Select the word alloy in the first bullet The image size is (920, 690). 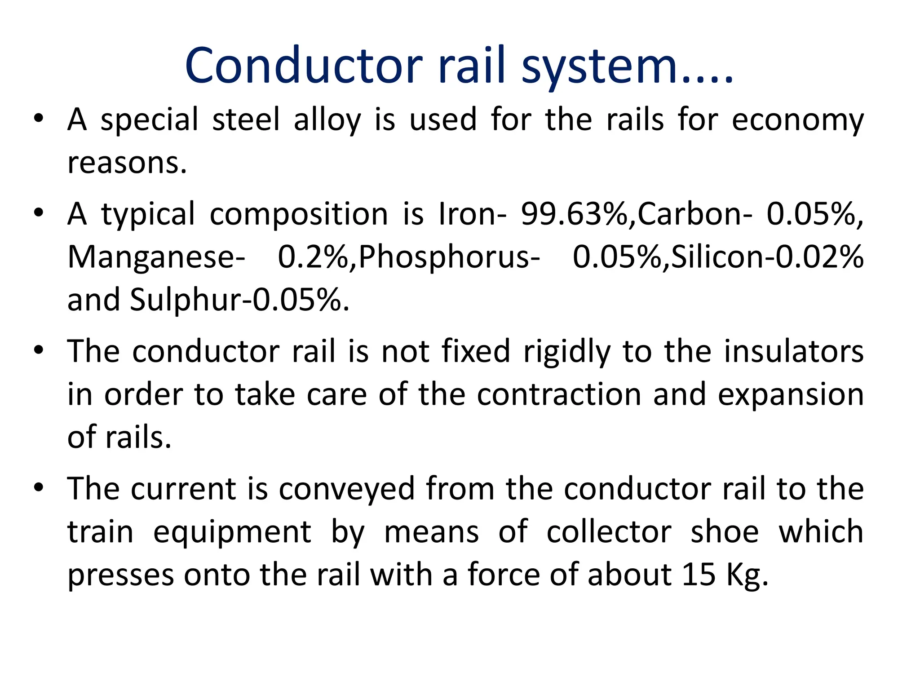point(327,120)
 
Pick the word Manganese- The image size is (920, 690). point(156,257)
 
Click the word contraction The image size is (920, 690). point(559,394)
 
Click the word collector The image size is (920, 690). point(609,532)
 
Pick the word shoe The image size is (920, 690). point(725,532)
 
